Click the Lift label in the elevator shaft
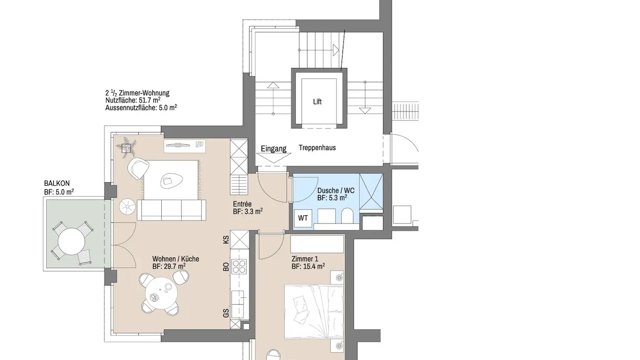click(317, 102)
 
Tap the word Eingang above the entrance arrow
click(273, 149)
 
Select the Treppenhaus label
click(317, 148)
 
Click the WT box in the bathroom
click(303, 218)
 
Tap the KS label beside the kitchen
click(226, 240)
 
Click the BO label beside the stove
click(226, 267)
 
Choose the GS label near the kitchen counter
click(226, 313)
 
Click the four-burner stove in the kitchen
click(239, 266)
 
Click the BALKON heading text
click(57, 183)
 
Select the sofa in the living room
click(172, 210)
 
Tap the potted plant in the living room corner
click(128, 147)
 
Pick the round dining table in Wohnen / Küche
click(159, 293)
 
